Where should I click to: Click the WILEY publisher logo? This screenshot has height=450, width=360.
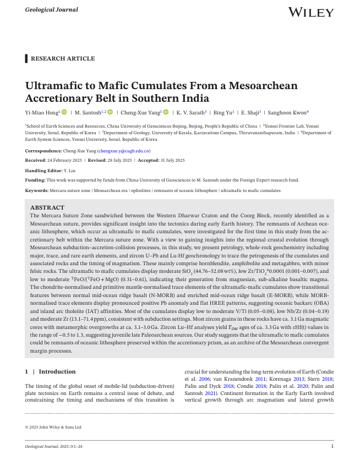coord(310,12)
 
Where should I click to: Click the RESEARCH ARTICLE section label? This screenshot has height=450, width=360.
coord(63,59)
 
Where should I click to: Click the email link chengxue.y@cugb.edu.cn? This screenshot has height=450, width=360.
coord(124,150)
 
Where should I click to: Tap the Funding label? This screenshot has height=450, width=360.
coord(35,180)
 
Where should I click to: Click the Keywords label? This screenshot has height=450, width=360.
coord(36,190)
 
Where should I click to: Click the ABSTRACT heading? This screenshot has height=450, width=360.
coord(47,208)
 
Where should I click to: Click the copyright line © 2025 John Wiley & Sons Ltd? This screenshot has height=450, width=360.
coord(54,426)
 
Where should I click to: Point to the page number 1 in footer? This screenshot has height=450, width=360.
coord(332,445)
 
